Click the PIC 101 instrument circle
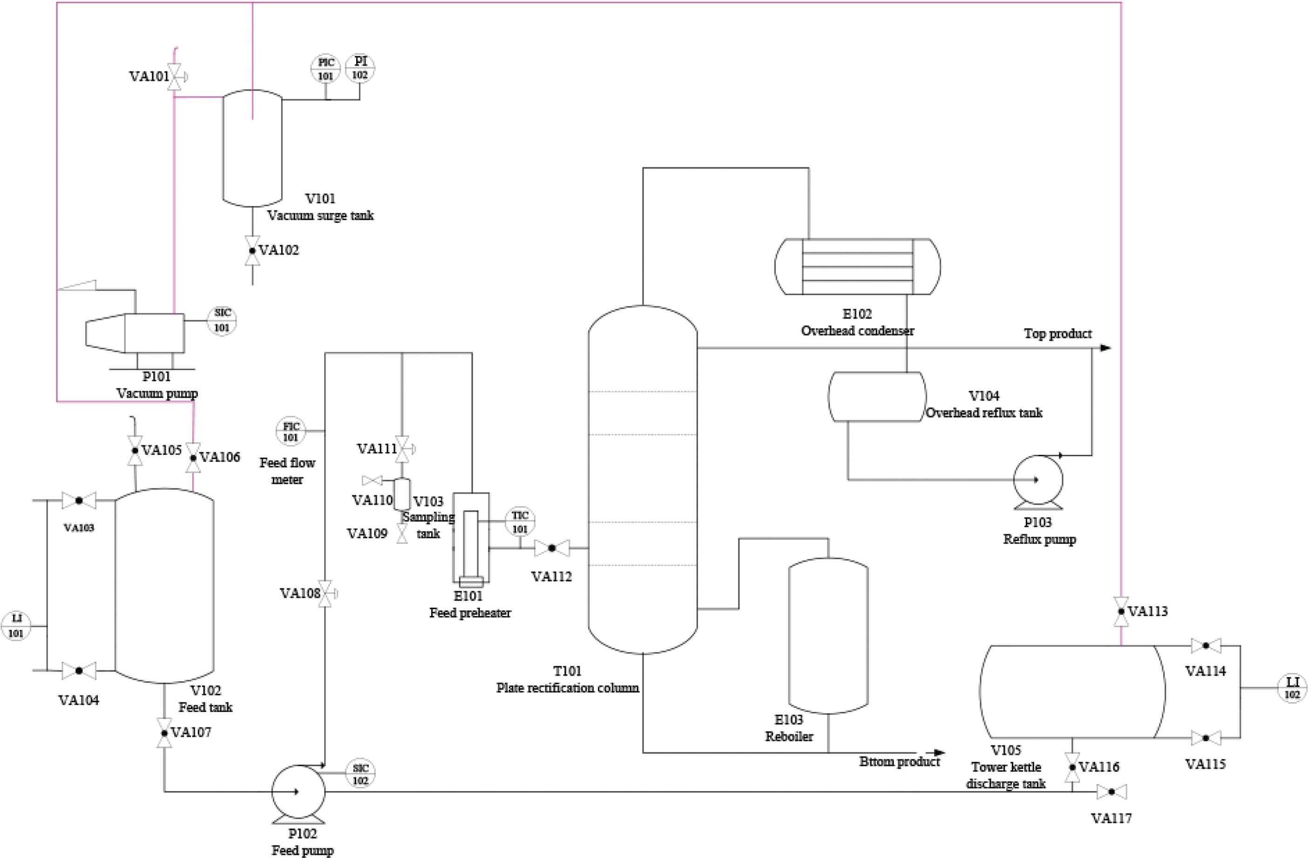pos(325,69)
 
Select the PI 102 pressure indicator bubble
pos(360,68)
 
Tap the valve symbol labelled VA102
pos(252,251)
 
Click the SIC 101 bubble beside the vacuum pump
pos(222,320)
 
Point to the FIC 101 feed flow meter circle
pos(290,431)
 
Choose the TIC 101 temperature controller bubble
pos(520,522)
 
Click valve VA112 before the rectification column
pos(552,548)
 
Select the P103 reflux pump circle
pos(1037,480)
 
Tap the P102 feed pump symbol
pos(298,792)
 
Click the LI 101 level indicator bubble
pos(16,626)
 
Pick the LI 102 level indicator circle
pos(1292,688)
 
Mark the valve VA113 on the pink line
pos(1121,612)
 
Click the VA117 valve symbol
pos(1111,792)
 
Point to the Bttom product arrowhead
pos(939,752)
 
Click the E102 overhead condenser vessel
pos(857,266)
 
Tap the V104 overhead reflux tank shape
pos(877,397)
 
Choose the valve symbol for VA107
pos(164,733)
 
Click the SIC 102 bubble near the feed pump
pos(360,774)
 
